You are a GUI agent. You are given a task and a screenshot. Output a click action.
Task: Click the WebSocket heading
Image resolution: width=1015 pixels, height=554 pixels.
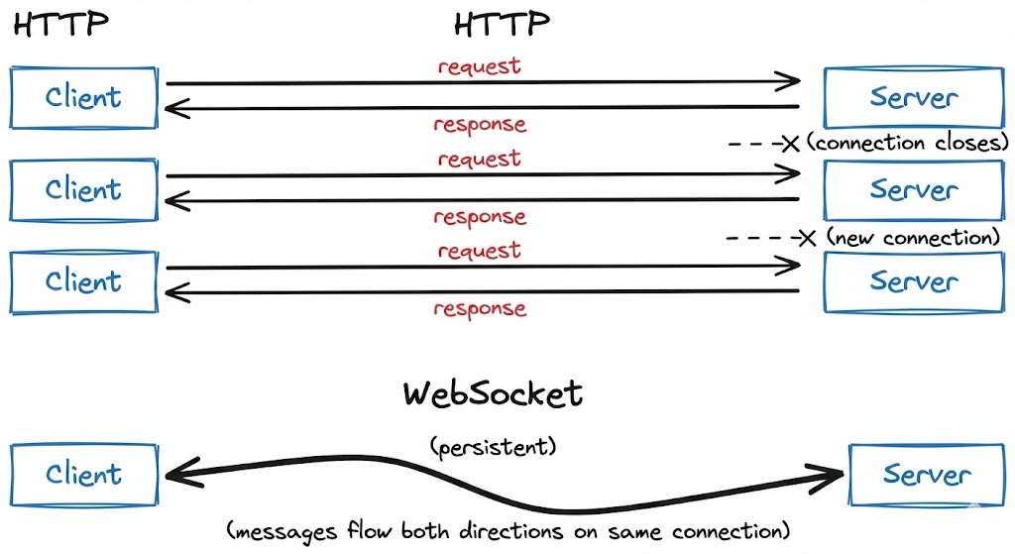[493, 393]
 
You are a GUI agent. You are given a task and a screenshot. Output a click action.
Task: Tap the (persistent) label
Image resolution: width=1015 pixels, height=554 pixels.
[493, 447]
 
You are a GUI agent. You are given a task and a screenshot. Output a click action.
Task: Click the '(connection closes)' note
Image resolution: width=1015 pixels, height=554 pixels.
[907, 144]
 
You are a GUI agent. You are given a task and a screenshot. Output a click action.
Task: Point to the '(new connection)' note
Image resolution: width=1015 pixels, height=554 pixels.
[911, 238]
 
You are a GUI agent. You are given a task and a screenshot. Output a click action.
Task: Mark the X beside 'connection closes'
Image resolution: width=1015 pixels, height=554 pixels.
[790, 145]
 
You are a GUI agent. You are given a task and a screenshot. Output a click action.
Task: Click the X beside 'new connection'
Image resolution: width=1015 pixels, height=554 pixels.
[808, 238]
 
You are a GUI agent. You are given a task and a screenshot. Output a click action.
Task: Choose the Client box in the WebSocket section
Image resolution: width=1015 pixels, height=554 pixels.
[83, 475]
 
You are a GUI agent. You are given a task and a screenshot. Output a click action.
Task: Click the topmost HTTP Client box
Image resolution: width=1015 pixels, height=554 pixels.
[83, 97]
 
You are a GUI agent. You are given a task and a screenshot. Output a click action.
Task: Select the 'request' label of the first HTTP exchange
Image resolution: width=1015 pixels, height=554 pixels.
[479, 67]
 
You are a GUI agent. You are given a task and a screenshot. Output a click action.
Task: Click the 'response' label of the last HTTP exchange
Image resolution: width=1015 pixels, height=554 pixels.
[479, 308]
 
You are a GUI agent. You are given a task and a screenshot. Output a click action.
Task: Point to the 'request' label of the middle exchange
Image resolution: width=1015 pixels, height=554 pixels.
[479, 159]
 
